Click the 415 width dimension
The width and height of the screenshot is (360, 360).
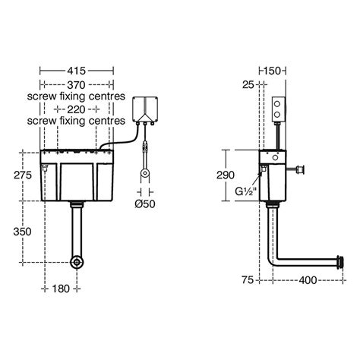pyautogui.click(x=76, y=71)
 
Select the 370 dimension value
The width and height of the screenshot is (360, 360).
pyautogui.click(x=76, y=85)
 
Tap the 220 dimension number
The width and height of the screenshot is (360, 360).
pyautogui.click(x=76, y=109)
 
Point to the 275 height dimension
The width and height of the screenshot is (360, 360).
pyautogui.click(x=23, y=175)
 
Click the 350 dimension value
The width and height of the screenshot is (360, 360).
pyautogui.click(x=22, y=232)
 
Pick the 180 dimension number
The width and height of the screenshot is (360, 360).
pyautogui.click(x=61, y=289)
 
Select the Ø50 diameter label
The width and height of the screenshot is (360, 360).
pyautogui.click(x=145, y=204)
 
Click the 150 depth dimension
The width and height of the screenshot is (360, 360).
pyautogui.click(x=273, y=71)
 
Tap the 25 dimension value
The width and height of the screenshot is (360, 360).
pyautogui.click(x=248, y=85)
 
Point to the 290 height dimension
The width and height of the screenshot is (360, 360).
pyautogui.click(x=226, y=175)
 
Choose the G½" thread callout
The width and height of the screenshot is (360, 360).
pyautogui.click(x=246, y=191)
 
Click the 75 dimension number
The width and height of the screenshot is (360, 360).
pyautogui.click(x=248, y=279)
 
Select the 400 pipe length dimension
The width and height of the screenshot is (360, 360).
pyautogui.click(x=308, y=280)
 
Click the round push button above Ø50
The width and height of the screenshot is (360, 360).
pyautogui.click(x=145, y=173)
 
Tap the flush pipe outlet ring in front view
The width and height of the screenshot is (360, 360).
pyautogui.click(x=77, y=263)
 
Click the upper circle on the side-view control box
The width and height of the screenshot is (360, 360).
pyautogui.click(x=277, y=104)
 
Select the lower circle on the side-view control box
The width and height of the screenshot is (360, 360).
pyautogui.click(x=277, y=115)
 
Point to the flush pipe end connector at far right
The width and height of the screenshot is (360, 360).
pyautogui.click(x=340, y=261)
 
